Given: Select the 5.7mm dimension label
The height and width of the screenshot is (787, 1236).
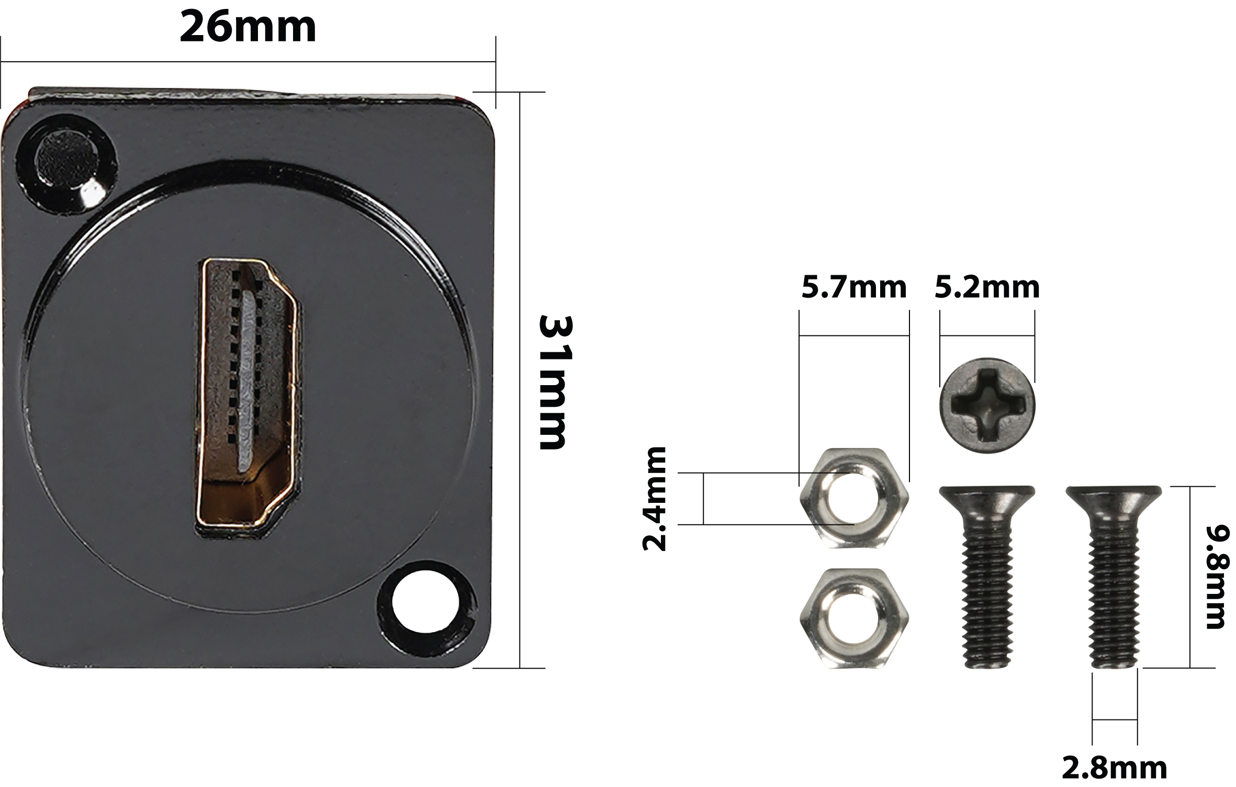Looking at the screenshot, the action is [854, 287].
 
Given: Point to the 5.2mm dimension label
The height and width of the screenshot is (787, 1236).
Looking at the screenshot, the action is [987, 287].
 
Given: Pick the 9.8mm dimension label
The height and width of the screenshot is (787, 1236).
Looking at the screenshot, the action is [1215, 577].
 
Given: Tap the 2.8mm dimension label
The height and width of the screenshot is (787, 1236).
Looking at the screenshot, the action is [1115, 768].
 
